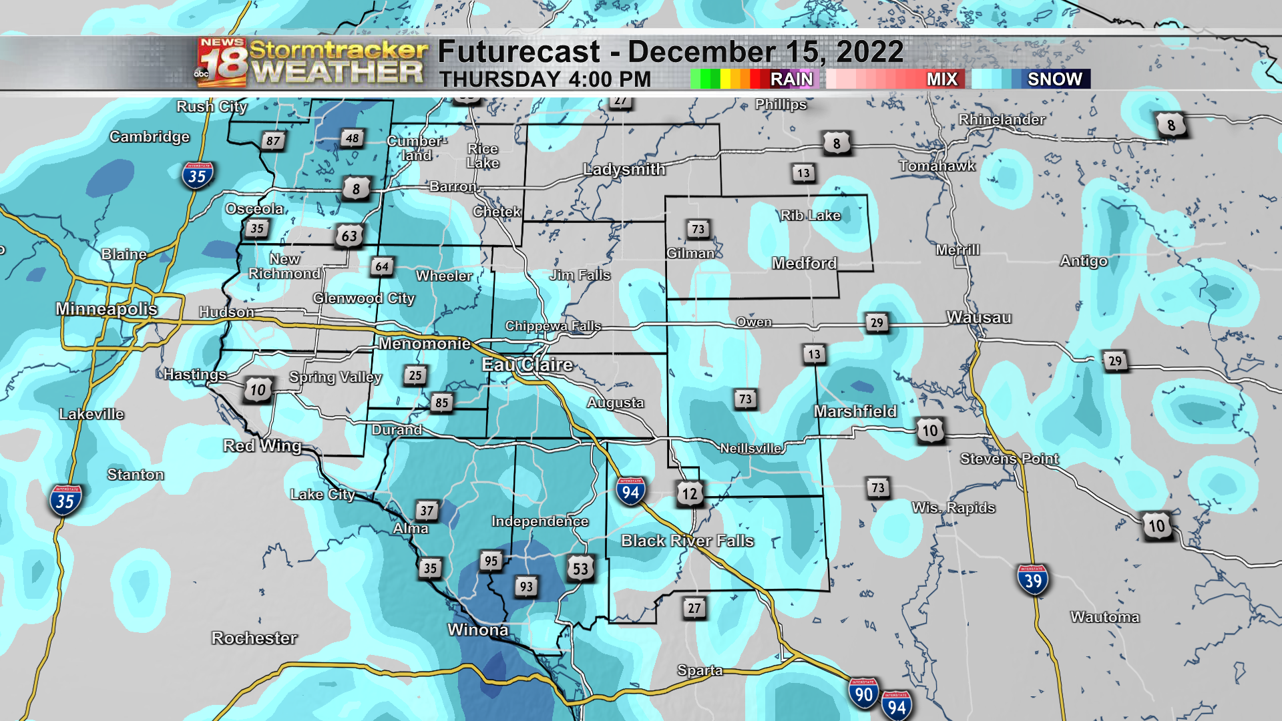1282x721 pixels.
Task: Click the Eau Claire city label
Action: coord(527,365)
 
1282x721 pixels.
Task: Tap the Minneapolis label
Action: coord(107,308)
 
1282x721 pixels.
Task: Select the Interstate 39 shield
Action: coord(1033,580)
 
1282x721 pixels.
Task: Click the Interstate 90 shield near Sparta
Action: coord(863,694)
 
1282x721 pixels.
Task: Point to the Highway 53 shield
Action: coord(580,569)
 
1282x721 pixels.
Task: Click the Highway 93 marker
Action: coord(526,586)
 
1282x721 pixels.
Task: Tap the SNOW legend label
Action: coord(1054,79)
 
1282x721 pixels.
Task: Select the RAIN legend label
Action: coord(791,79)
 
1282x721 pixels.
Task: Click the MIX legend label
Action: coord(941,79)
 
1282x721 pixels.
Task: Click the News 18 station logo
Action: coord(222,63)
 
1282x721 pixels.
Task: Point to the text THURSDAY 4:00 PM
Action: coord(545,79)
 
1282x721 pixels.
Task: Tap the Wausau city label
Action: coord(979,318)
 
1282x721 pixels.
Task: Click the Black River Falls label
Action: coord(687,541)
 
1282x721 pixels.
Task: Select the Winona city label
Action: coord(478,630)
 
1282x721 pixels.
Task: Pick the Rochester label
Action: coord(254,638)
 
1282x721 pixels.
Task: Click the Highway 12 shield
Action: coord(690,493)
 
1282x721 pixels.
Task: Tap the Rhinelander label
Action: coord(1002,119)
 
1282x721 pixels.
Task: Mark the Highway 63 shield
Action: coord(349,236)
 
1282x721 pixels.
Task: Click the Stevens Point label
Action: coord(1009,459)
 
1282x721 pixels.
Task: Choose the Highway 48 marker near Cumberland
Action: coord(352,138)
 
